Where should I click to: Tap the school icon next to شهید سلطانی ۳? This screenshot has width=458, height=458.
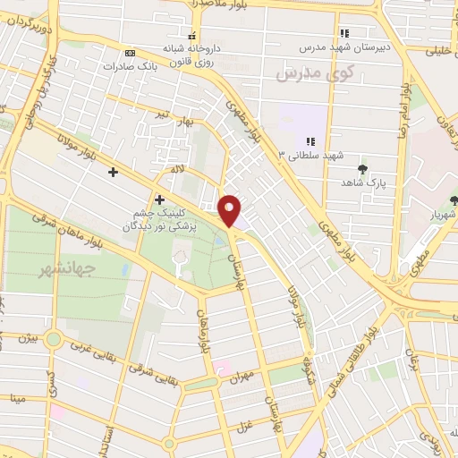tap(310, 141)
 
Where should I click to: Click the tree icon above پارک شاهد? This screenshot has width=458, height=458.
tap(362, 169)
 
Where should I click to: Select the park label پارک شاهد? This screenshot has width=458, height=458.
tap(362, 182)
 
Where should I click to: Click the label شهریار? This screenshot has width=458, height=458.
tap(441, 215)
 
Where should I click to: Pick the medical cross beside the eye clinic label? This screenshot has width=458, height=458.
tap(159, 199)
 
